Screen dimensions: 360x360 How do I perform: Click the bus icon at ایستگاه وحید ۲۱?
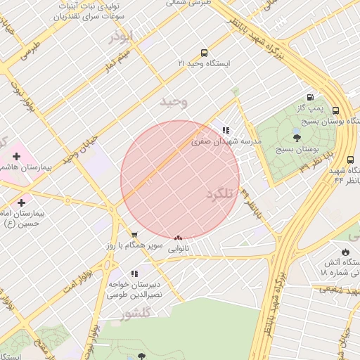(204, 53)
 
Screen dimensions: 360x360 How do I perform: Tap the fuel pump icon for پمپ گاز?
(310, 97)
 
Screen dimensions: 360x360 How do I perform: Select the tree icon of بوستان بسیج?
(297, 139)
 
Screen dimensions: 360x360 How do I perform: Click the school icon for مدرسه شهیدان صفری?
(226, 130)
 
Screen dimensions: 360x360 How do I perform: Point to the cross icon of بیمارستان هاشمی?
(16, 155)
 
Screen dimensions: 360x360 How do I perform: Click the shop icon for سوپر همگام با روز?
(134, 234)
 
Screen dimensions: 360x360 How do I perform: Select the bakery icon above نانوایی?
(178, 238)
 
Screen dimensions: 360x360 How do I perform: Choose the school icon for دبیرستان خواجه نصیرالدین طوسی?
(134, 274)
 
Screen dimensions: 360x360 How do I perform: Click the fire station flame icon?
(345, 252)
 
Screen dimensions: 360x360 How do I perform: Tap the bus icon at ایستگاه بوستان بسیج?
(335, 111)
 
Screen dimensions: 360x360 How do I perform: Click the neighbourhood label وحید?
(174, 102)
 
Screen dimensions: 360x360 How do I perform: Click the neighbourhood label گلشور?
(135, 315)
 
